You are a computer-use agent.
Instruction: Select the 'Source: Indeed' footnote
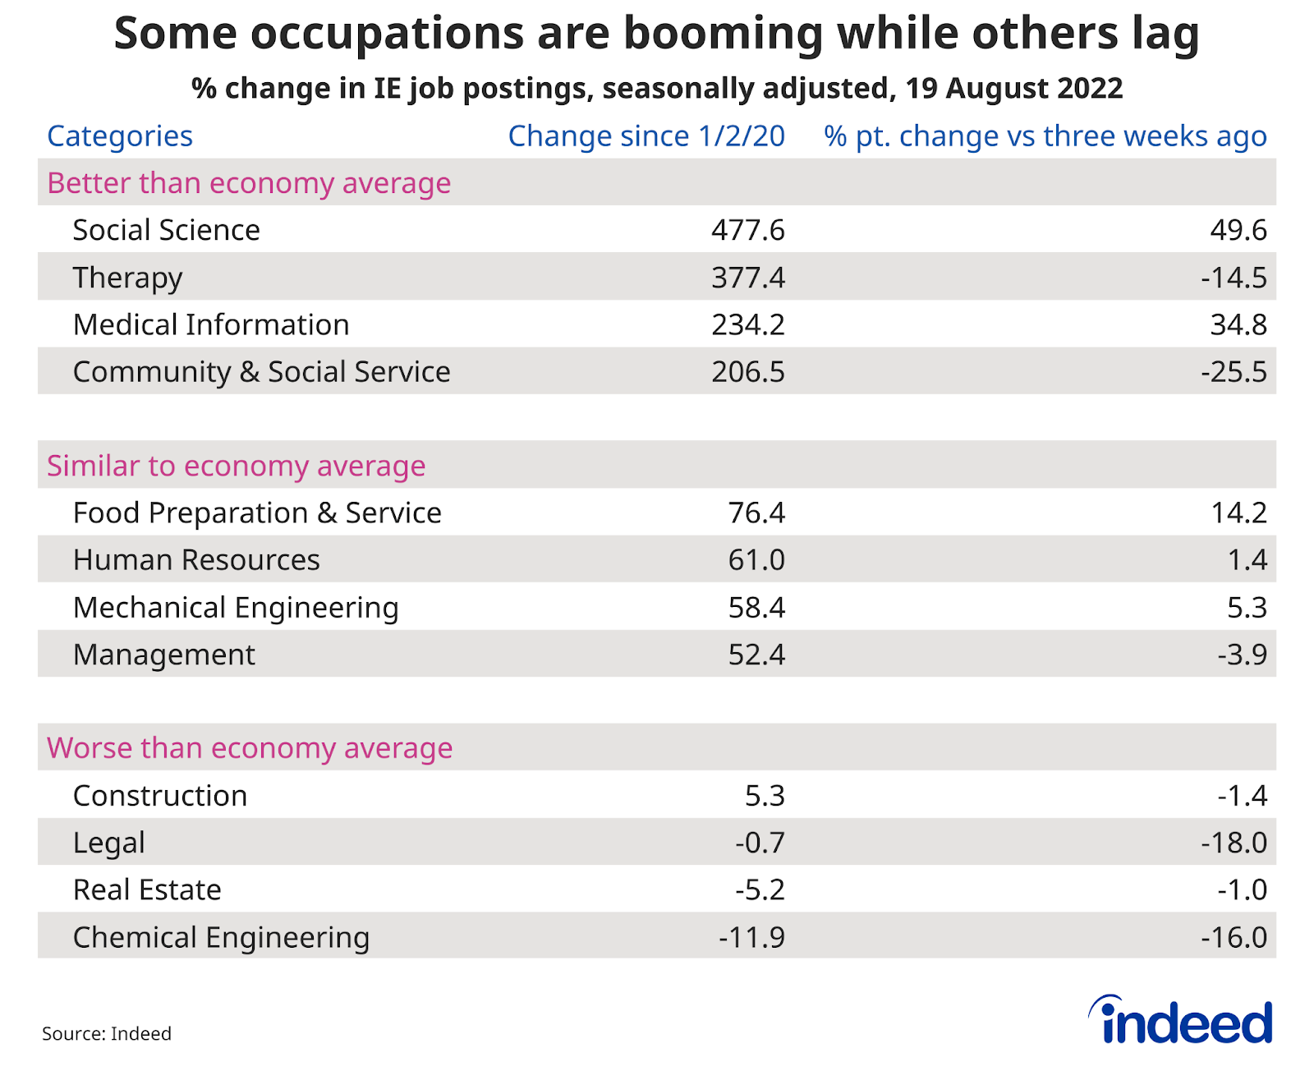coord(107,1033)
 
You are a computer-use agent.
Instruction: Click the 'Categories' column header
coord(120,136)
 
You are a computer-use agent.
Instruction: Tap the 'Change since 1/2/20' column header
coord(646,136)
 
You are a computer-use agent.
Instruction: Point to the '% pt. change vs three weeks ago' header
coord(1045,136)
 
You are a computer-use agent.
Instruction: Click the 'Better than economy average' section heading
coord(249,183)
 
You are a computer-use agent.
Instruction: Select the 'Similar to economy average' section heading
coord(237,466)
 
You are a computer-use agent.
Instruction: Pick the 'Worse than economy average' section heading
coord(250,748)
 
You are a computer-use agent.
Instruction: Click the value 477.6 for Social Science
coord(748,230)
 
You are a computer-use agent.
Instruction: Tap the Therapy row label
coord(127,278)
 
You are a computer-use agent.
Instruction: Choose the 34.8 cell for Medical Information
coord(1238,324)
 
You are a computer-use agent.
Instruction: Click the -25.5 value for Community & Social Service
coord(1234,372)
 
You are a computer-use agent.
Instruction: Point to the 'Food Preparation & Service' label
coord(257,513)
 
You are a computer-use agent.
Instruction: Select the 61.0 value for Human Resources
coord(756,560)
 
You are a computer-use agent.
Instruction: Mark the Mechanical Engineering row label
coord(236,608)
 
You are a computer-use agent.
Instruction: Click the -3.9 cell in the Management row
coord(1242,655)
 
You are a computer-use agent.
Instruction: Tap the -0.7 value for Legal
coord(760,843)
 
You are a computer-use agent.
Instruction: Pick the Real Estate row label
coord(147,890)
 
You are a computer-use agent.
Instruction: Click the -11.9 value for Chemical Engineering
coord(751,937)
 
